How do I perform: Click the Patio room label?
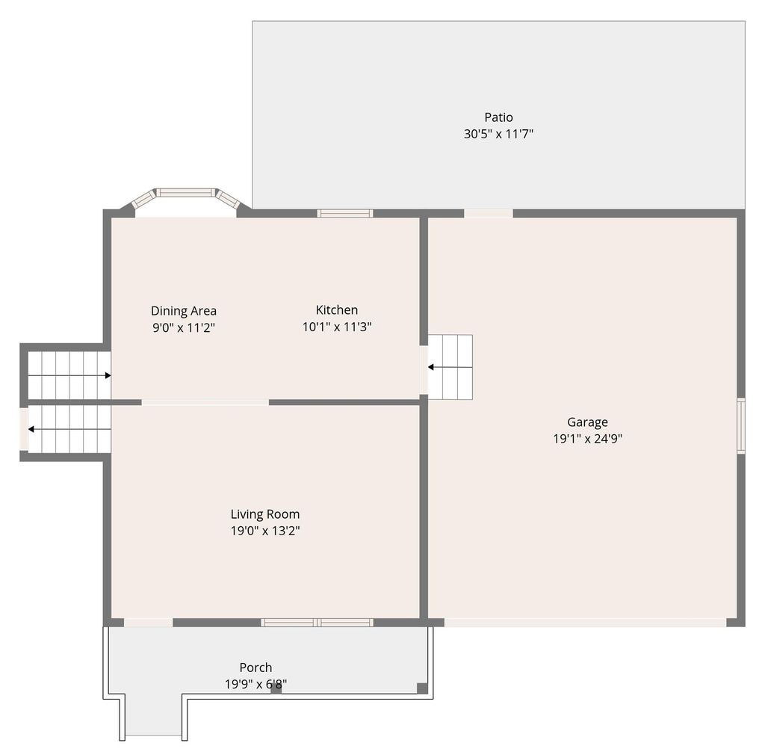click(x=498, y=117)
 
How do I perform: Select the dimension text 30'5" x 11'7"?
click(x=498, y=135)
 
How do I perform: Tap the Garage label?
click(x=587, y=422)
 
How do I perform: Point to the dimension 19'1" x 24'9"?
click(x=587, y=440)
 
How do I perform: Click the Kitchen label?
click(x=336, y=310)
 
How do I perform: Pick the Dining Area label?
click(x=184, y=311)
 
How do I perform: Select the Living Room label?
click(x=264, y=514)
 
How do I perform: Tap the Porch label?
click(x=255, y=668)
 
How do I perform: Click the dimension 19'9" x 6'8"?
click(x=255, y=684)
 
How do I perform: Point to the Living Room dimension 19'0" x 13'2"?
click(x=264, y=531)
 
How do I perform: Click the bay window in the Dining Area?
click(x=185, y=193)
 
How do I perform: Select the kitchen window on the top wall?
click(x=344, y=214)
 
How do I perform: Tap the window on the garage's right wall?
click(x=741, y=426)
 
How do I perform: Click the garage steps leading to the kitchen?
click(x=450, y=367)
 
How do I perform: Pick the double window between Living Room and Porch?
click(x=317, y=622)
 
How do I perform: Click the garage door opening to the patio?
click(x=489, y=214)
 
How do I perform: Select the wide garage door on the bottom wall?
click(x=585, y=622)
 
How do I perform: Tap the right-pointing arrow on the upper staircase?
click(x=108, y=375)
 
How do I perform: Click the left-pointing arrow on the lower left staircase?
click(x=31, y=429)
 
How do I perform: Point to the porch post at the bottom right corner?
click(x=422, y=688)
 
